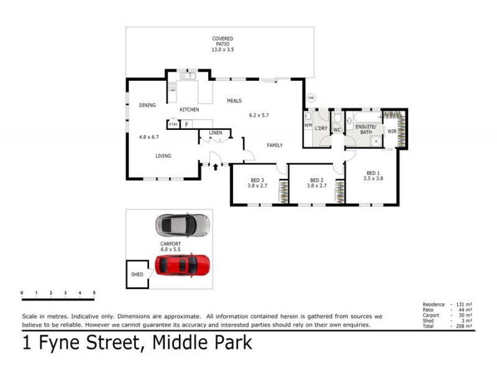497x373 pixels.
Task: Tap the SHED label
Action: (137, 274)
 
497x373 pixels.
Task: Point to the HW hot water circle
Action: (312, 98)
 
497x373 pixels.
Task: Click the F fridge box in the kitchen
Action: (186, 124)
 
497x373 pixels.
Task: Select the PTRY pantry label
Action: (173, 124)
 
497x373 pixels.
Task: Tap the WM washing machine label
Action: (308, 126)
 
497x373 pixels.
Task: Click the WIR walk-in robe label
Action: (391, 131)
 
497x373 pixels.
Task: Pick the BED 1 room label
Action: (373, 173)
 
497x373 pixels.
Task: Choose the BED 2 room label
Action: (317, 180)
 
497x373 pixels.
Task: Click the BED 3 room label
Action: (257, 180)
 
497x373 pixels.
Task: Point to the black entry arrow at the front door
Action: (216, 167)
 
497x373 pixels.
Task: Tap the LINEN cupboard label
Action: (216, 132)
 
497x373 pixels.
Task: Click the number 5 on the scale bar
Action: (94, 292)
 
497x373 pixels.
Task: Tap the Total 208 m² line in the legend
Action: (447, 326)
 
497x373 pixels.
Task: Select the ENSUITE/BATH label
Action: (364, 129)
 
